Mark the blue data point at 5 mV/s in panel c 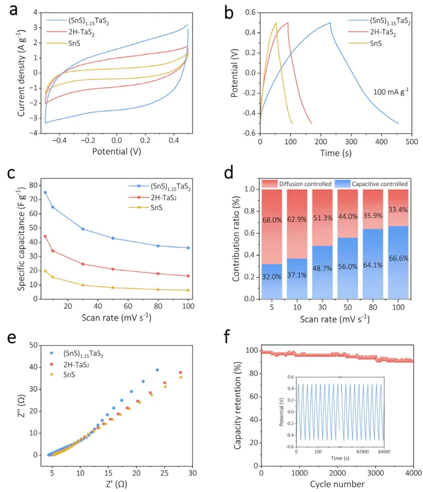tap(45, 192)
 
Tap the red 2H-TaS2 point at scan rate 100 tap(188, 276)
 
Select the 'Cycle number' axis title tap(337, 484)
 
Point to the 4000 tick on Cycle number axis tap(412, 473)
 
